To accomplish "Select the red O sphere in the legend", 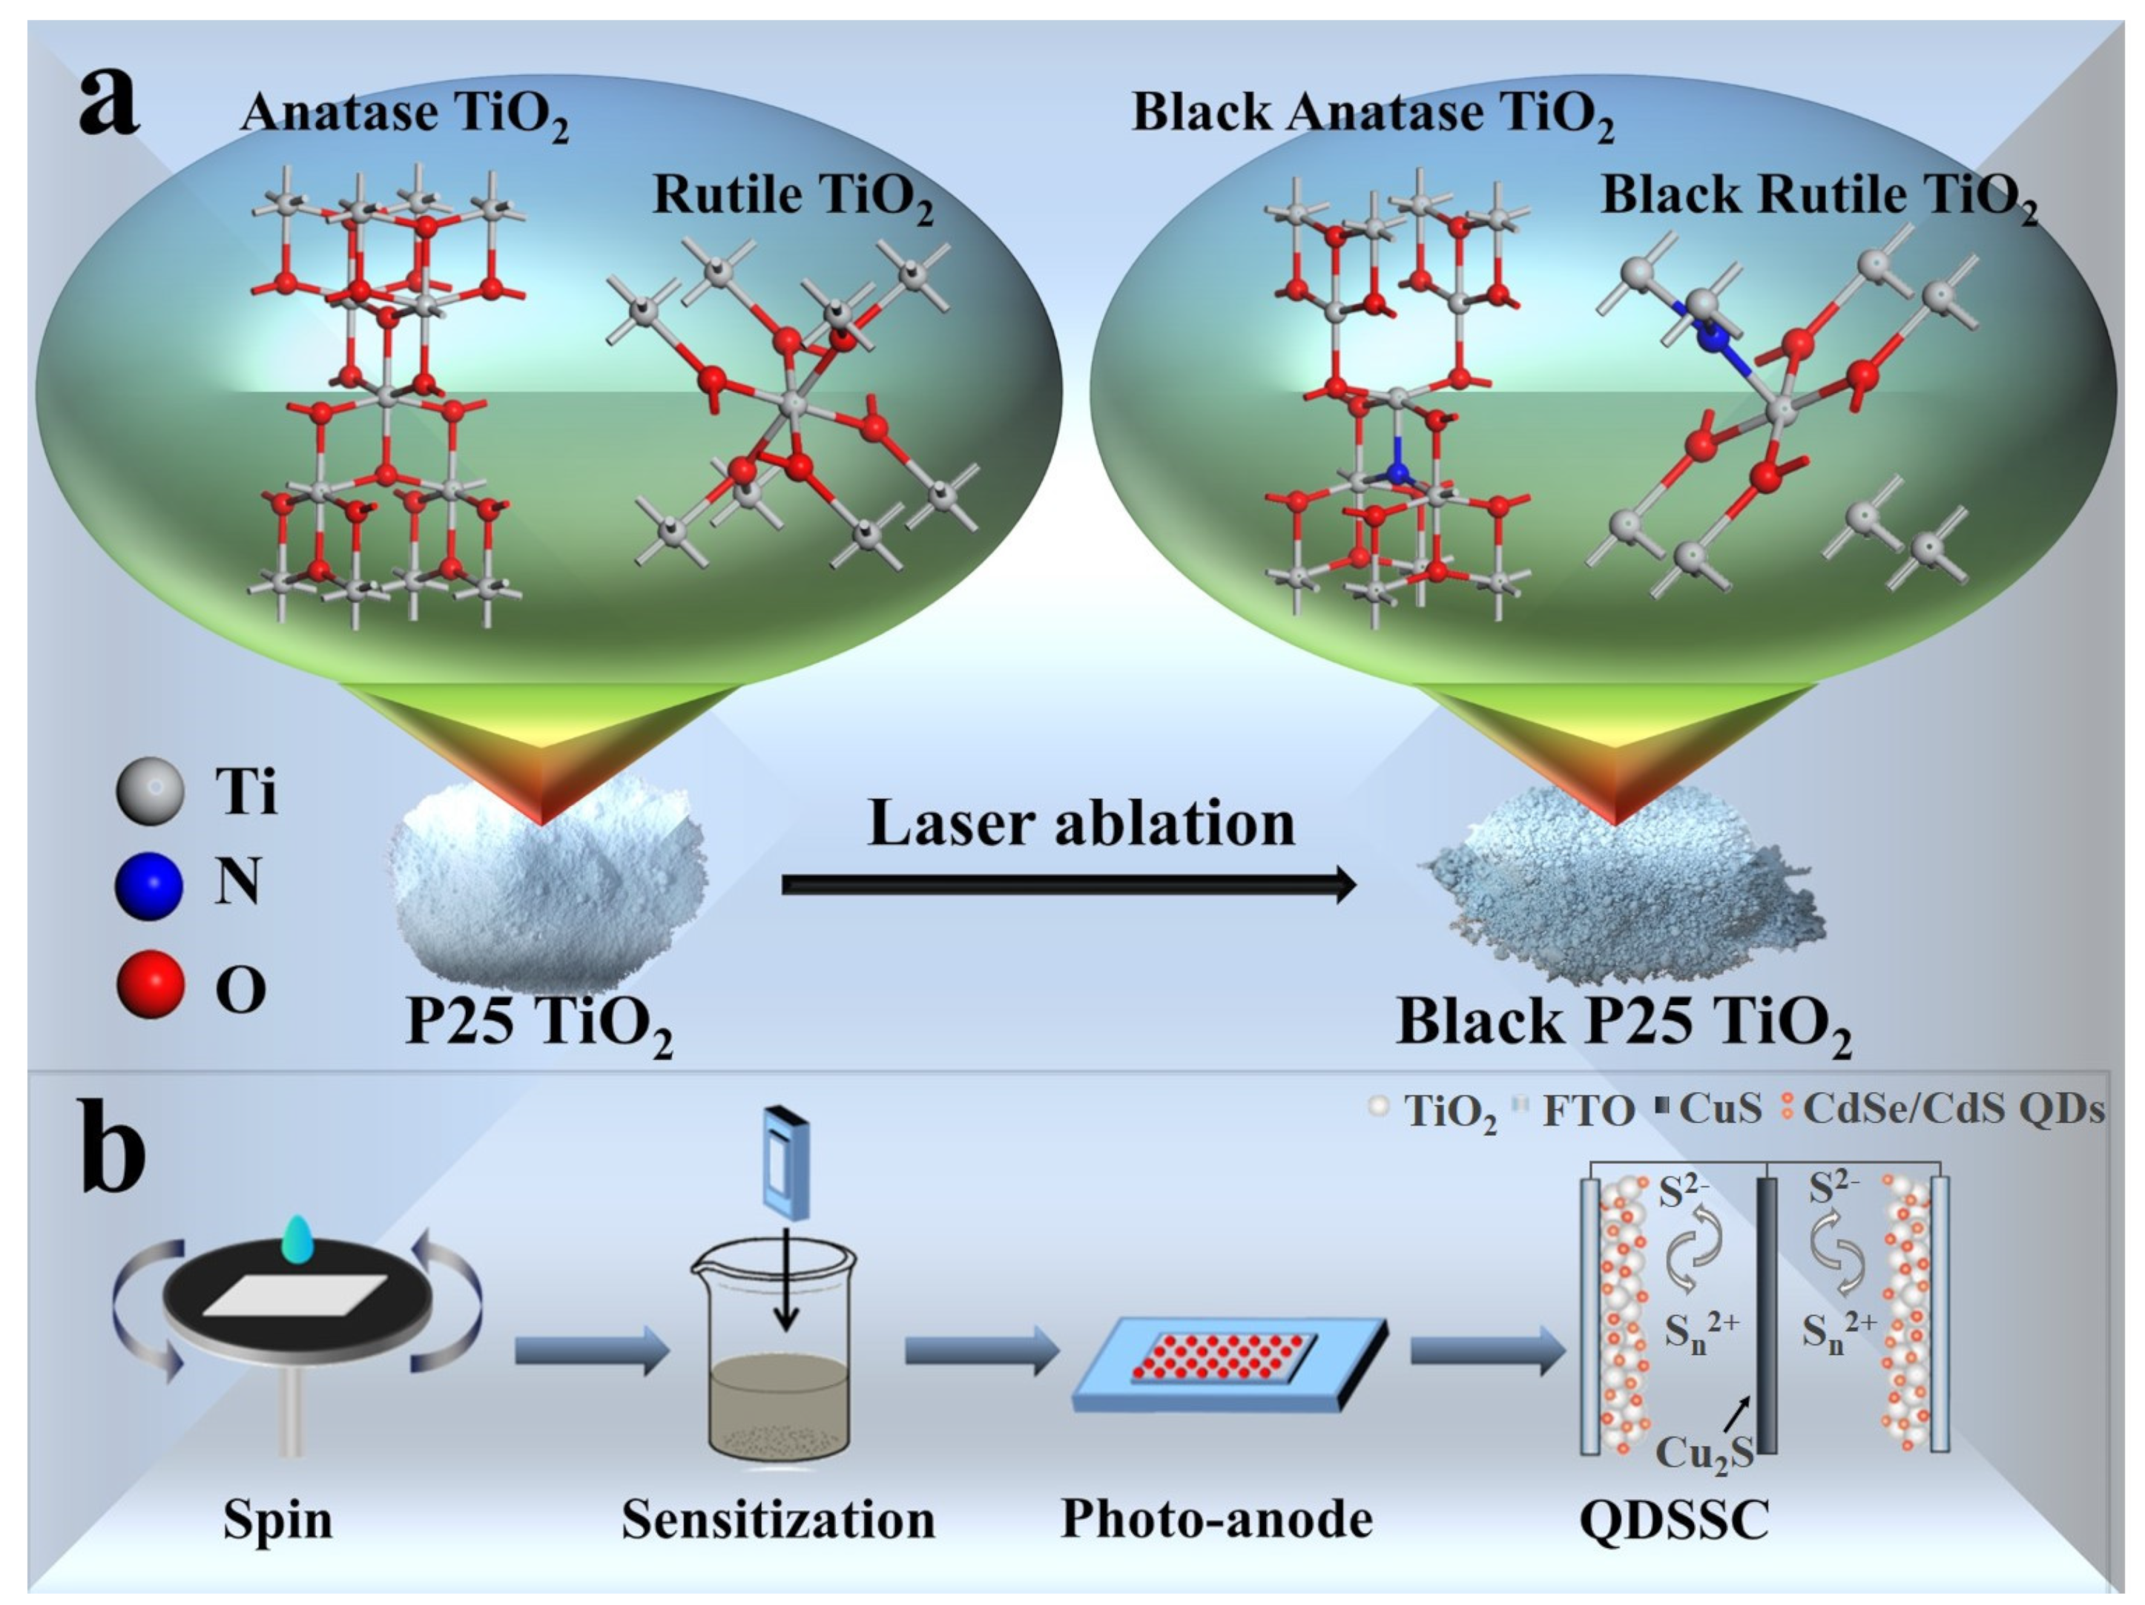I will click(149, 983).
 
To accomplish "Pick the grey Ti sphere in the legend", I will click(149, 791).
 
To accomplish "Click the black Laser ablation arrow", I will click(1067, 884).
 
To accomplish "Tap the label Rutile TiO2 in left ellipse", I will click(793, 197).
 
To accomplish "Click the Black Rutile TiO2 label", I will click(1818, 197).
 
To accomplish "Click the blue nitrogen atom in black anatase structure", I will click(1397, 473).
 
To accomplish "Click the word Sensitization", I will click(778, 1519).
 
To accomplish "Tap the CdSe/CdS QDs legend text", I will click(1952, 1109).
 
